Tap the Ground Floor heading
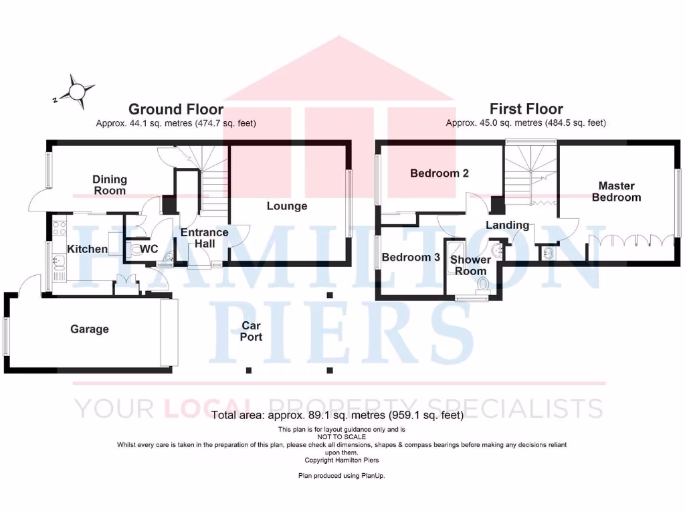[176, 109]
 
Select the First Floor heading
[526, 108]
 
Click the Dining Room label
[110, 185]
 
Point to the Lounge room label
[287, 206]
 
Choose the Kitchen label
[88, 249]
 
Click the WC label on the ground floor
[150, 249]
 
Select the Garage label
[90, 329]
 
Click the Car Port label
[251, 331]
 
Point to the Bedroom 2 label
[439, 173]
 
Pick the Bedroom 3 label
[411, 257]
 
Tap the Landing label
[507, 225]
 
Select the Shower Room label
[470, 265]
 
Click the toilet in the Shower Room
[483, 285]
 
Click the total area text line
[337, 415]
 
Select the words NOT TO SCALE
[342, 436]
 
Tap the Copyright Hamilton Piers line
[342, 460]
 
